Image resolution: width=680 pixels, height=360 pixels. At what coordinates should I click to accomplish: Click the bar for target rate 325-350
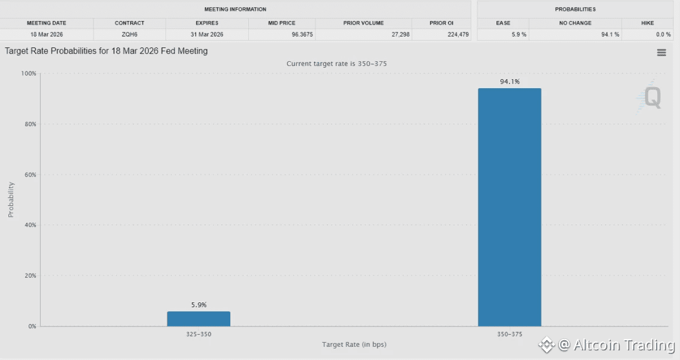198,319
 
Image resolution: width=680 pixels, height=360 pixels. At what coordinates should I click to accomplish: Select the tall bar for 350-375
509,207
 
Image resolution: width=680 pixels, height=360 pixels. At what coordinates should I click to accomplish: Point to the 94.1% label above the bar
510,82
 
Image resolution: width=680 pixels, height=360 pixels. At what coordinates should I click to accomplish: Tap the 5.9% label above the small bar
198,305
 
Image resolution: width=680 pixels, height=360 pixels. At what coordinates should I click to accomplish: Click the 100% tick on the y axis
29,73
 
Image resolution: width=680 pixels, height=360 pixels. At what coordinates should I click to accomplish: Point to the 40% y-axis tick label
29,225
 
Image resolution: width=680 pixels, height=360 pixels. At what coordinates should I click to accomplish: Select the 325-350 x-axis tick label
198,334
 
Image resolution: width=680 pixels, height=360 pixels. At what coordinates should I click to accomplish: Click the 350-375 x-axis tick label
509,334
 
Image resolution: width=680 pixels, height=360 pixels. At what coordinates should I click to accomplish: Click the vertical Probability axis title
11,199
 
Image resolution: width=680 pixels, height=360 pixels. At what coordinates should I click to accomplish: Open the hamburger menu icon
661,53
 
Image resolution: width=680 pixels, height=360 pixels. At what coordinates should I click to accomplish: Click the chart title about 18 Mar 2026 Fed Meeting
106,51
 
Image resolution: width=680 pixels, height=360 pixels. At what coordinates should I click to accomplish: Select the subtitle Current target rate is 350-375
340,64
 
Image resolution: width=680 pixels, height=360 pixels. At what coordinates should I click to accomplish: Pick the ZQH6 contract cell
130,34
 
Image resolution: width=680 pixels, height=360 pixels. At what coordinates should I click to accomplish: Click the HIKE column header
647,23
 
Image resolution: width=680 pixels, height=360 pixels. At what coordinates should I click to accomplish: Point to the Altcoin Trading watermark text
624,345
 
